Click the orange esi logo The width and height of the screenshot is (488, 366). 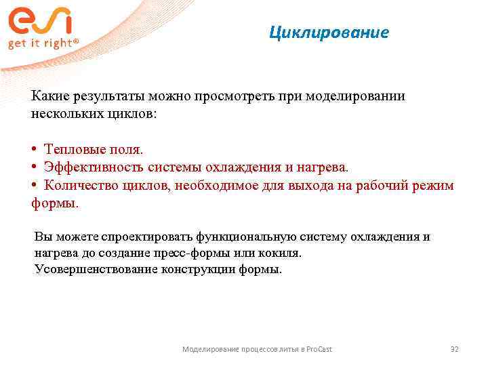39,22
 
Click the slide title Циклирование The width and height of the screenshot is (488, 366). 329,33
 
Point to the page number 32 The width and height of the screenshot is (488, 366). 455,349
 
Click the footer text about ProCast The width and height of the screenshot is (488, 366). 257,349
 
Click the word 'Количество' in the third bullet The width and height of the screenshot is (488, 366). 78,186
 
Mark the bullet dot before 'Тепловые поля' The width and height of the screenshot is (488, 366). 34,148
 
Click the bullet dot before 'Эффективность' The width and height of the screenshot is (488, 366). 34,167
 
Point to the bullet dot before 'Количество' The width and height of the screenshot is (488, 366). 34,186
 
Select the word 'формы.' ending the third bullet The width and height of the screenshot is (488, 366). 55,203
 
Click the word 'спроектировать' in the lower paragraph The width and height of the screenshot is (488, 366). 147,237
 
